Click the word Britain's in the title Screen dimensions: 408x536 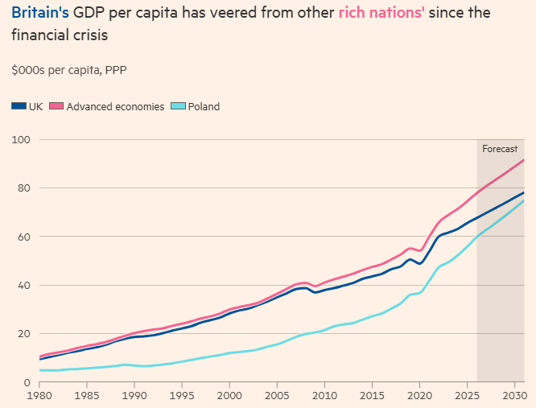[39, 14]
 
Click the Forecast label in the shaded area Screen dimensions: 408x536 [499, 149]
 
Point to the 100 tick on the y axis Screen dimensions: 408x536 [20, 140]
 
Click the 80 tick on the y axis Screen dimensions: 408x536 [23, 188]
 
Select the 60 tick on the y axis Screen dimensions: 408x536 [23, 237]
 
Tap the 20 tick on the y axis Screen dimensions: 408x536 [23, 333]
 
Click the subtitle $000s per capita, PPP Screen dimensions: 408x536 [69, 70]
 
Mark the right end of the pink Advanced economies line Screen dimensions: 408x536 [524, 160]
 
